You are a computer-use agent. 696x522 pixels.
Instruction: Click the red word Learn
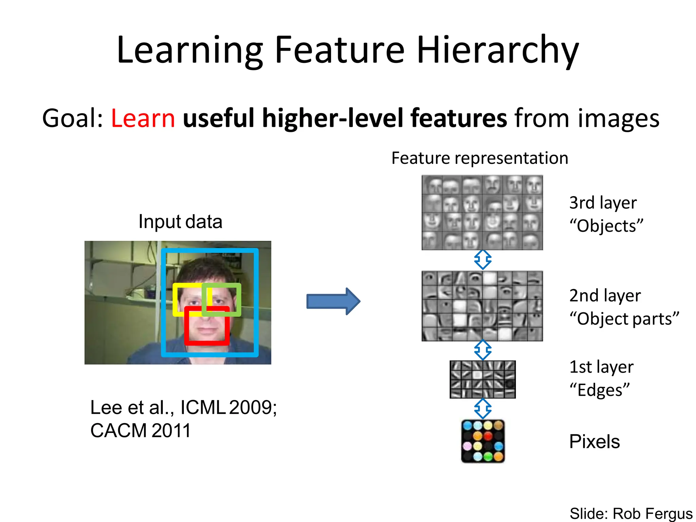[143, 118]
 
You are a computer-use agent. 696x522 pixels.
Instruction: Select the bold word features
[459, 118]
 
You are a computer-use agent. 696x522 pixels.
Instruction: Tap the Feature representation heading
[480, 158]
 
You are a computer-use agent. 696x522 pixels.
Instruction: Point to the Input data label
[180, 222]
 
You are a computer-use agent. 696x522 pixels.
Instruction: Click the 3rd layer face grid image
[482, 213]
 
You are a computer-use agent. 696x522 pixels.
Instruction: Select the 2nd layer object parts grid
[482, 306]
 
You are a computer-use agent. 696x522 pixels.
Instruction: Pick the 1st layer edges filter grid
[483, 379]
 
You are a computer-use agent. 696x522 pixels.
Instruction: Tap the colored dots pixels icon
[483, 441]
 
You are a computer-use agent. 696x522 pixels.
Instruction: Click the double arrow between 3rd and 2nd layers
[483, 260]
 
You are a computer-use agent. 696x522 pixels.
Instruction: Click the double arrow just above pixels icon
[483, 408]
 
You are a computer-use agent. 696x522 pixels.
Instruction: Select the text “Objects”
[606, 226]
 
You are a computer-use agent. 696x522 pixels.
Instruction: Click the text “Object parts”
[624, 319]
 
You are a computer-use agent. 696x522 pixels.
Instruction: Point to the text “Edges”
[599, 390]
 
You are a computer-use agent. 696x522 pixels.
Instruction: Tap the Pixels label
[594, 442]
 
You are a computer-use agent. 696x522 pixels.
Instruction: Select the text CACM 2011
[140, 431]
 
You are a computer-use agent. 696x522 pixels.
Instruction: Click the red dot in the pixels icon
[488, 436]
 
